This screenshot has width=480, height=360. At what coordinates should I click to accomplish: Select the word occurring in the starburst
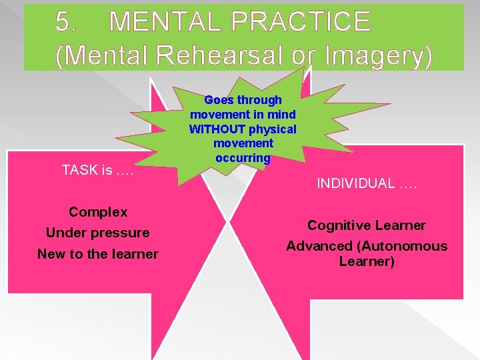pos(243,158)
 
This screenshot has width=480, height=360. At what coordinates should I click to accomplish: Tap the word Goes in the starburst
pos(217,100)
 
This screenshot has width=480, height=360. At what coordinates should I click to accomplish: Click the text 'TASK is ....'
pos(98,170)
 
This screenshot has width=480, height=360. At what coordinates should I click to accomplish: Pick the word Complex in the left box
pos(98,212)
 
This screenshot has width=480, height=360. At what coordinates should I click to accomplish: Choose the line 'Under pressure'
pos(98,233)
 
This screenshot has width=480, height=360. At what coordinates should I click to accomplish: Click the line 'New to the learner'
pos(98,254)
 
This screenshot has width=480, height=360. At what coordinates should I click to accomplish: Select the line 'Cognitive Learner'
pos(366,225)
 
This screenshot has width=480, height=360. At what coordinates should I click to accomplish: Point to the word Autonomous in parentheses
pos(407,246)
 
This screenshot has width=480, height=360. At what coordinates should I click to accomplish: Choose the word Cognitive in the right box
pos(339,225)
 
